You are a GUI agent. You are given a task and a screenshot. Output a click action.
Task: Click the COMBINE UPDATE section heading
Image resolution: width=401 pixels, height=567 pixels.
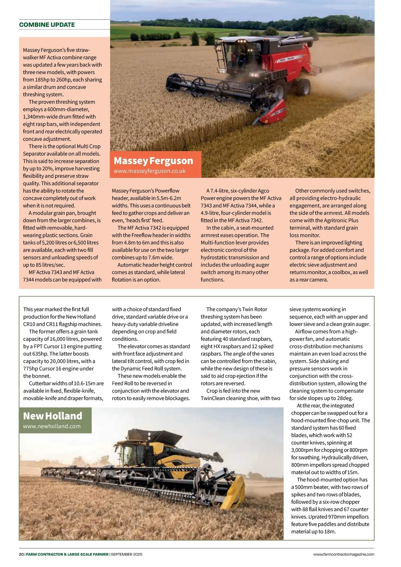coord(47,25)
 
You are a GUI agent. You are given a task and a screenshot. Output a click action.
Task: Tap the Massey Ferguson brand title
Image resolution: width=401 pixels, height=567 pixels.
coord(153,161)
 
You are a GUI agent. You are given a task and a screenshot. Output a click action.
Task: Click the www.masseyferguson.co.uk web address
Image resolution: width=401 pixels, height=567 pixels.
coord(149,171)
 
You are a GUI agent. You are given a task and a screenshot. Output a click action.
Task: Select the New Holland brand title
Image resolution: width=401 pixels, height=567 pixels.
coord(52,416)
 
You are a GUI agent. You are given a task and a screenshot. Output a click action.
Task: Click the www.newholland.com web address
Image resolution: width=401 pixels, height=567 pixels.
coord(52,426)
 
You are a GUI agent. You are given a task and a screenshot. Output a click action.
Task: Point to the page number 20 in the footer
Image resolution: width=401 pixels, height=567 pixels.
coord(21,554)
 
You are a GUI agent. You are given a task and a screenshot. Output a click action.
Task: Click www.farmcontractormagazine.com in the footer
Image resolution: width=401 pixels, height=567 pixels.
coord(344,554)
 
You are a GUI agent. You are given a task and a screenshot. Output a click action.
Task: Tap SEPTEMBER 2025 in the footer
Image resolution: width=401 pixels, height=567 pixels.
coord(127,554)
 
